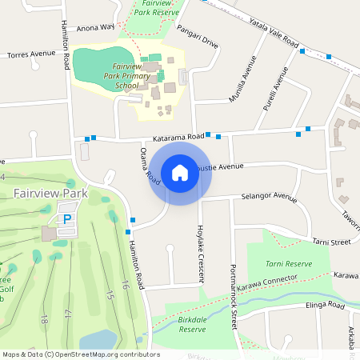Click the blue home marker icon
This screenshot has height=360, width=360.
click(x=180, y=172)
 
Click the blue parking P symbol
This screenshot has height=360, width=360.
click(x=67, y=218)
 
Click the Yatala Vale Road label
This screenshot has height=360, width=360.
click(x=273, y=35)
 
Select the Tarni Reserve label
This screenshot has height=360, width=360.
click(x=289, y=263)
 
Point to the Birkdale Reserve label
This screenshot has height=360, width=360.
click(x=192, y=324)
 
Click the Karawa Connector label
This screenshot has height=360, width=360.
click(x=267, y=282)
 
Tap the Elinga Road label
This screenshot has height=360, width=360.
click(x=323, y=306)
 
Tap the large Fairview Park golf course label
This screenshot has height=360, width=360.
click(x=50, y=194)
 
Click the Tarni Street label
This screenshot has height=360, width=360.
click(x=331, y=242)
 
